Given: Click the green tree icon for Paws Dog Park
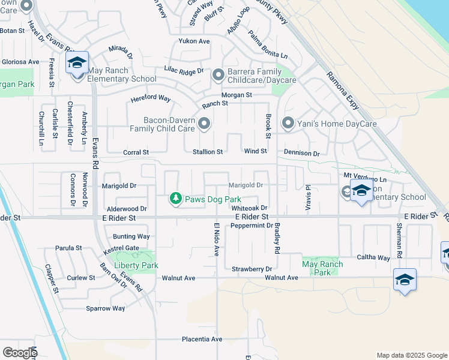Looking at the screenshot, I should [175, 199].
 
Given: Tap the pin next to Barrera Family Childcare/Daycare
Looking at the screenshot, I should [217, 75].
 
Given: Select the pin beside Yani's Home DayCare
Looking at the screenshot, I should [288, 124].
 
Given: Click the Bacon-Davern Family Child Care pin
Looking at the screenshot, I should [204, 124].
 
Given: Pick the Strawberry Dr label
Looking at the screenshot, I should [252, 269].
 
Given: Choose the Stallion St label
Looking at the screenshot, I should [208, 152].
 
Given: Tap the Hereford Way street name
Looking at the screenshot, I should [151, 98].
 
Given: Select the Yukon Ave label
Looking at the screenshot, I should [194, 41].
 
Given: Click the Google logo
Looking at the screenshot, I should [20, 352].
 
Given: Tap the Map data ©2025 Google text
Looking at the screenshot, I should [411, 355].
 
